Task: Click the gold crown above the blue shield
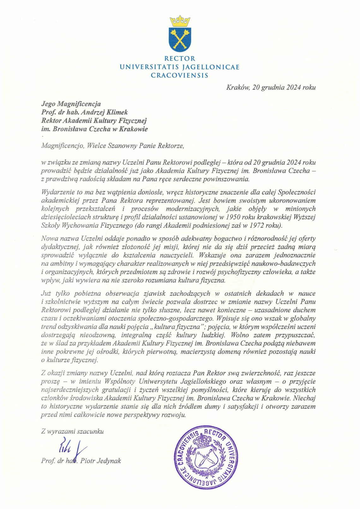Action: click(x=180, y=21)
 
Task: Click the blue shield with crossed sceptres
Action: click(x=180, y=39)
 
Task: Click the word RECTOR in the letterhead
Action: click(x=180, y=59)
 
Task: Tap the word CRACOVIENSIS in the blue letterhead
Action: click(x=180, y=75)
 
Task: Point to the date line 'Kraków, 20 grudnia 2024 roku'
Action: click(x=271, y=88)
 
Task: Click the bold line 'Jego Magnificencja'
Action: click(x=71, y=104)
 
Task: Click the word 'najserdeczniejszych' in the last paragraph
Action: click(x=70, y=390)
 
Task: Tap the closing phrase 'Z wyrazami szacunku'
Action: click(x=72, y=431)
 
